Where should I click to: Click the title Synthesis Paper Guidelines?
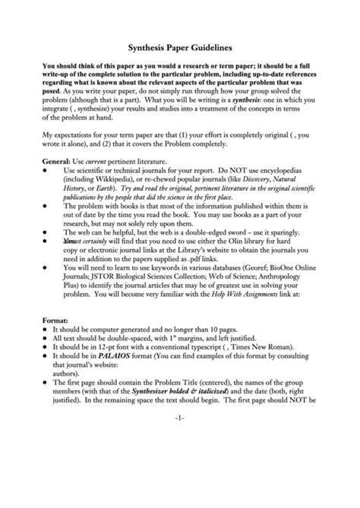(180, 46)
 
